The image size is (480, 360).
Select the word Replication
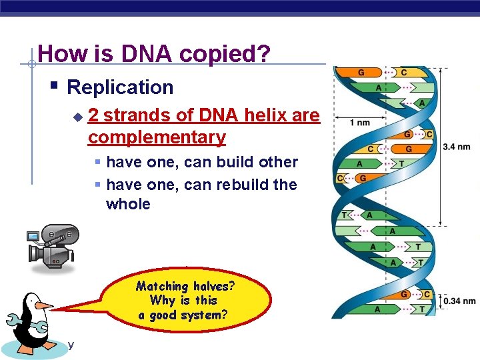tap(120, 87)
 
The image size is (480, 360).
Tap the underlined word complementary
tap(157, 137)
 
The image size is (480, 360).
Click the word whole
tap(128, 204)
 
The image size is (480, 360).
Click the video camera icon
tap(52, 244)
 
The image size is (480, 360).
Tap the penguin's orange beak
tap(44, 305)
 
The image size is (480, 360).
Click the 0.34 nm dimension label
tap(459, 301)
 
